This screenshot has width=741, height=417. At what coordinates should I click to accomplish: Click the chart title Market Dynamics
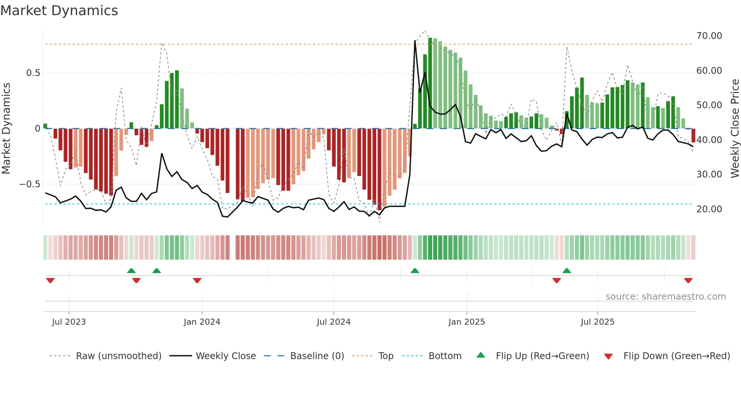[x=59, y=11]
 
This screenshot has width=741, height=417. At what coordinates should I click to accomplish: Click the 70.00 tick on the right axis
[x=709, y=36]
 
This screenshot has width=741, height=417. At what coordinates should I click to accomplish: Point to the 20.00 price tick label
[x=709, y=209]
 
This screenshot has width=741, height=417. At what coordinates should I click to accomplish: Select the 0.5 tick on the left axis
[x=33, y=73]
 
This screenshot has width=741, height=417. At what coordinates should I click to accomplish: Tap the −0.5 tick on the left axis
[x=29, y=184]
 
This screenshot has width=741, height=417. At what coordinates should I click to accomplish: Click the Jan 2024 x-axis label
[x=202, y=322]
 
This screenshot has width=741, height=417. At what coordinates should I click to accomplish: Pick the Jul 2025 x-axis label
[x=597, y=322]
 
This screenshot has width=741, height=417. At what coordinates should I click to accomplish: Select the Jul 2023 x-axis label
[x=69, y=322]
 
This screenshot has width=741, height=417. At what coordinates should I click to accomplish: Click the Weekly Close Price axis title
[x=735, y=129]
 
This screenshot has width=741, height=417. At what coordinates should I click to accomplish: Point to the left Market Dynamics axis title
[x=6, y=129]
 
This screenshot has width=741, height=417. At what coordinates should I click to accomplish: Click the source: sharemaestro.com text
[x=665, y=297]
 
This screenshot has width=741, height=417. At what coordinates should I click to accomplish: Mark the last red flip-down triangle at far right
[x=688, y=280]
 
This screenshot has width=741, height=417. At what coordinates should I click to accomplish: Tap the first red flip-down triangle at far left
[x=50, y=280]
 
